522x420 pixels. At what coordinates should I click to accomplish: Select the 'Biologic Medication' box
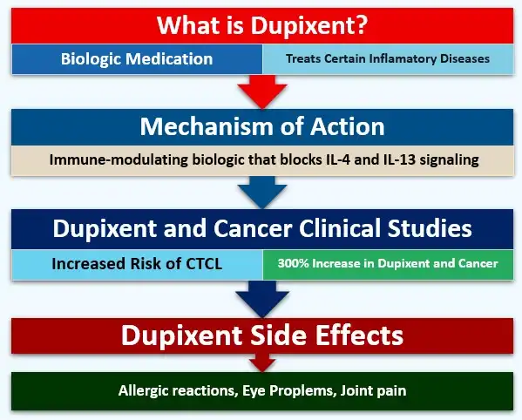coord(137,59)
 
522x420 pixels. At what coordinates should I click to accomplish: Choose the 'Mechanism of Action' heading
coord(261,125)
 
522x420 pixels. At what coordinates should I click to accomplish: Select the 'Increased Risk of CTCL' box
coord(137,263)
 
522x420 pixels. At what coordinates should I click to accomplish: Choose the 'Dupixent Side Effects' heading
coord(261,334)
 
